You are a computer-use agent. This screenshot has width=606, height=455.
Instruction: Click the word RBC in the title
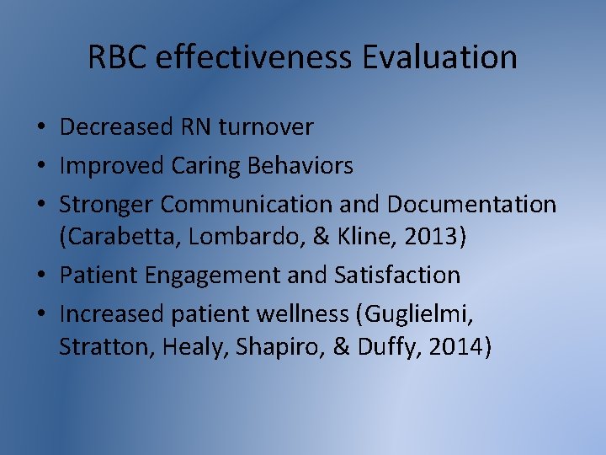[x=118, y=57]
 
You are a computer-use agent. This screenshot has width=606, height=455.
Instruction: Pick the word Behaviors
[x=300, y=166]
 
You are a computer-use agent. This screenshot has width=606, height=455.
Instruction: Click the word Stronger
[x=107, y=205]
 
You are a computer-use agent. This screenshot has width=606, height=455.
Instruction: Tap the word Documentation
[x=472, y=205]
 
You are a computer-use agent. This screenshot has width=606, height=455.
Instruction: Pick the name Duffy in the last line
[x=389, y=346]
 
